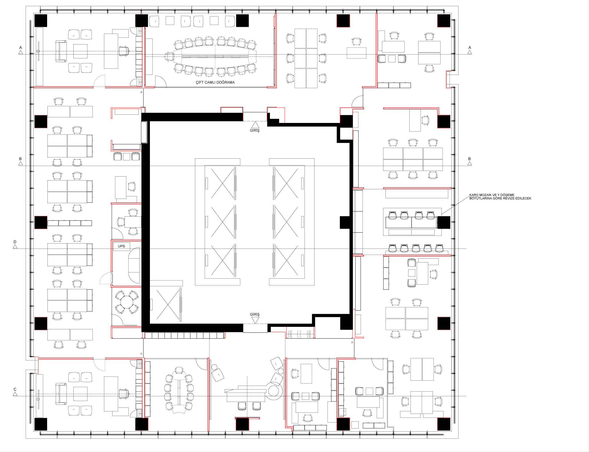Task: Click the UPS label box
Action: coord(121,246)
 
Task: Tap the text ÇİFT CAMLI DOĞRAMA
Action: coord(215,82)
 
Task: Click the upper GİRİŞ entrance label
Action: coord(255,130)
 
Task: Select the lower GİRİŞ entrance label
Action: coord(255,315)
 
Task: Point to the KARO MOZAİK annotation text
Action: coord(500,197)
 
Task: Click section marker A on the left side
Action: coord(21,50)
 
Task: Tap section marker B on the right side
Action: coord(469,161)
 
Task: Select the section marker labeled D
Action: coord(15,244)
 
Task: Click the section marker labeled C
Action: coord(15,392)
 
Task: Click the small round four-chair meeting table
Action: coord(127,302)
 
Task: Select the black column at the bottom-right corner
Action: coord(444,424)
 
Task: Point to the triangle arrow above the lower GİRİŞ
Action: coord(255,320)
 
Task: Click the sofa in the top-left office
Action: coord(61,52)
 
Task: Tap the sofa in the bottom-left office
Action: coord(61,394)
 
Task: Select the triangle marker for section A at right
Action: coord(469,52)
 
